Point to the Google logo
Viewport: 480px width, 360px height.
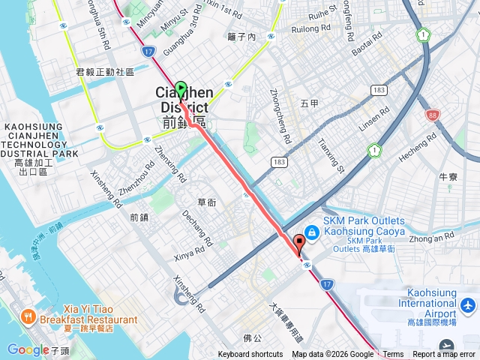(x=28, y=349)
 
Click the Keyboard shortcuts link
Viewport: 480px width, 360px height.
(x=250, y=355)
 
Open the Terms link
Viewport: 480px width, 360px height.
(x=393, y=355)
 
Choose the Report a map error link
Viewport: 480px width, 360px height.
(x=444, y=355)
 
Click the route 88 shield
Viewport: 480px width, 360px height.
(x=433, y=115)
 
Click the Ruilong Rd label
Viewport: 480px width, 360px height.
(x=310, y=29)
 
